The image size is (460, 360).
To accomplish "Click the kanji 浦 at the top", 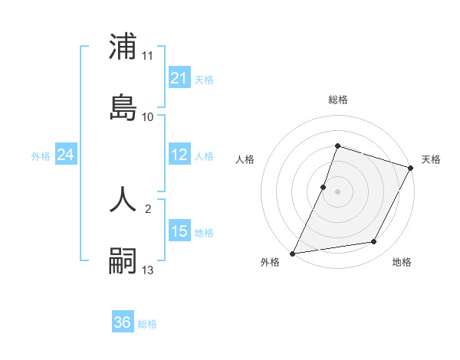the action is [123, 47].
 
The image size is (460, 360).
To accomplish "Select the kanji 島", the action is [123, 106].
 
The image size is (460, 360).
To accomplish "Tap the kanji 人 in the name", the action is [123, 198].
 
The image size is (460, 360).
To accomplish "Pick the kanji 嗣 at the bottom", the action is [123, 260].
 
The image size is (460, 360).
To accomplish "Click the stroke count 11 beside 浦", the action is [148, 56].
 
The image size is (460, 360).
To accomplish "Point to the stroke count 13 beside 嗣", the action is [148, 270].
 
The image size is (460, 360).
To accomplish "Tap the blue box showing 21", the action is [179, 78].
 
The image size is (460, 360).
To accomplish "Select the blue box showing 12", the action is [179, 155].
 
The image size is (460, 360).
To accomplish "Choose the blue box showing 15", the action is [179, 231].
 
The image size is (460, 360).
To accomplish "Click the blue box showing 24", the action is [66, 155].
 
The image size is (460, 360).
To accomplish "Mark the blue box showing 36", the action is [123, 322].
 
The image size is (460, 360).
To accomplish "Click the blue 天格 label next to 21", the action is [204, 79].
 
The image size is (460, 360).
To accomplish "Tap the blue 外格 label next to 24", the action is [41, 155].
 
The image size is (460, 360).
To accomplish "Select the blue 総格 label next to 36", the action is [147, 323].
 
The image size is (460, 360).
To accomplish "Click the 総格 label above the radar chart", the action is [338, 100].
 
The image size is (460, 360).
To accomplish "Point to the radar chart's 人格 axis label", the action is [245, 159].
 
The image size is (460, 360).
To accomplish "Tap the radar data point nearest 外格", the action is [293, 253].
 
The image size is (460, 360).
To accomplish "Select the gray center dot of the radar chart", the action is [338, 191].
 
